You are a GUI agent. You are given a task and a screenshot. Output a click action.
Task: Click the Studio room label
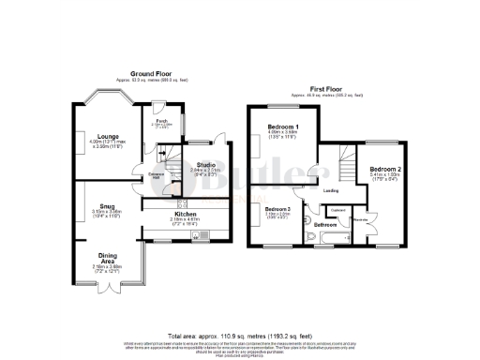(193, 165)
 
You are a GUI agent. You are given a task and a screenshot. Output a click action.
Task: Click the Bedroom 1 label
(282, 127)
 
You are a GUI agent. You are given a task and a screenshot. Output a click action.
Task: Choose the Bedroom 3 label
(277, 207)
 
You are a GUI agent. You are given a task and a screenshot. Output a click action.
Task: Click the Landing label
(331, 190)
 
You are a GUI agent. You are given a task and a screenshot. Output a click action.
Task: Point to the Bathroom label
(325, 225)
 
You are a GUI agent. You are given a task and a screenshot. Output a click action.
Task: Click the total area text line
(239, 335)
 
